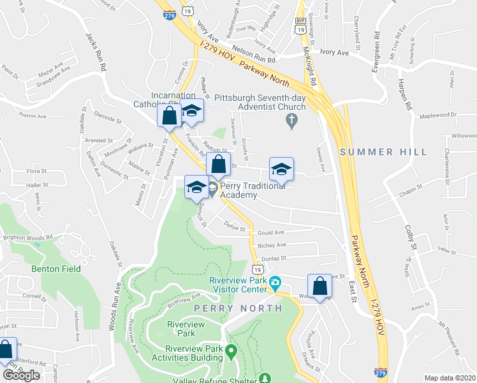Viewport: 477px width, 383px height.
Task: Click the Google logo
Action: coord(20,375)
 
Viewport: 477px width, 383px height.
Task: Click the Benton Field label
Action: coord(56,269)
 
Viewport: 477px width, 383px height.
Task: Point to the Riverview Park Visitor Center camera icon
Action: coord(275,282)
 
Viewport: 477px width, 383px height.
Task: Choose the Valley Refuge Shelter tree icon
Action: coord(265,379)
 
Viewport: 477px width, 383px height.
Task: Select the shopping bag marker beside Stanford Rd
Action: coord(6,350)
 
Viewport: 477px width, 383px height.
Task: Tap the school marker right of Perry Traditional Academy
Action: coord(281,169)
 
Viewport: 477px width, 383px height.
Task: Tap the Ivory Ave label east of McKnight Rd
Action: coord(336,53)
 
